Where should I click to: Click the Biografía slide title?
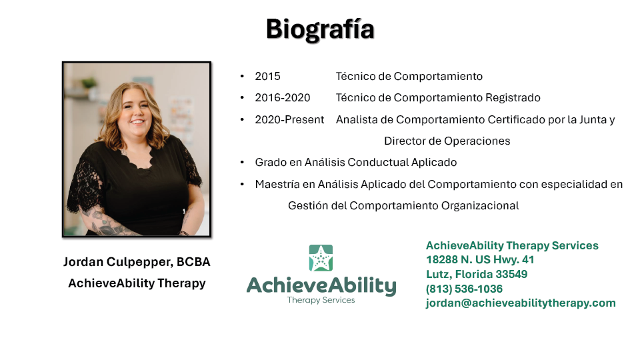320,29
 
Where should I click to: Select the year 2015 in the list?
268,76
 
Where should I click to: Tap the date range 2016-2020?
283,98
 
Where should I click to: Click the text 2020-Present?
289,119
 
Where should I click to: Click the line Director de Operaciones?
447,141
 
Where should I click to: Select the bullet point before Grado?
242,163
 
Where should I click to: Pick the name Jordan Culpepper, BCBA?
137,262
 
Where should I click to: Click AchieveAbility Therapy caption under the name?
137,283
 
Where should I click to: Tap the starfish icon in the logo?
321,258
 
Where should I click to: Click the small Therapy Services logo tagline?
321,300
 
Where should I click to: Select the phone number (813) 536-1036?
464,289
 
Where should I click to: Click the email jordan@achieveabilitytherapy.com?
521,303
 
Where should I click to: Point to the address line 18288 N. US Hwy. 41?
480,260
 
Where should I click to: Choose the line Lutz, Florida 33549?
477,274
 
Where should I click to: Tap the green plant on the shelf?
89,83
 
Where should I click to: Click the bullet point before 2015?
242,76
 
